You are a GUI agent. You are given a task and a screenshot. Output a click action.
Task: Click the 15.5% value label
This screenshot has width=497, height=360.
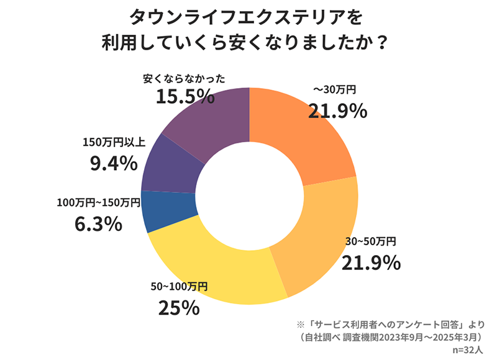pyautogui.click(x=185, y=97)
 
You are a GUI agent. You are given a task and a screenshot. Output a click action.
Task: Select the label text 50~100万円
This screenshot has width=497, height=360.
pyautogui.click(x=179, y=286)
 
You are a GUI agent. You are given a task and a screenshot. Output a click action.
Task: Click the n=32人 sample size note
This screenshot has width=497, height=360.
pyautogui.click(x=467, y=349)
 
